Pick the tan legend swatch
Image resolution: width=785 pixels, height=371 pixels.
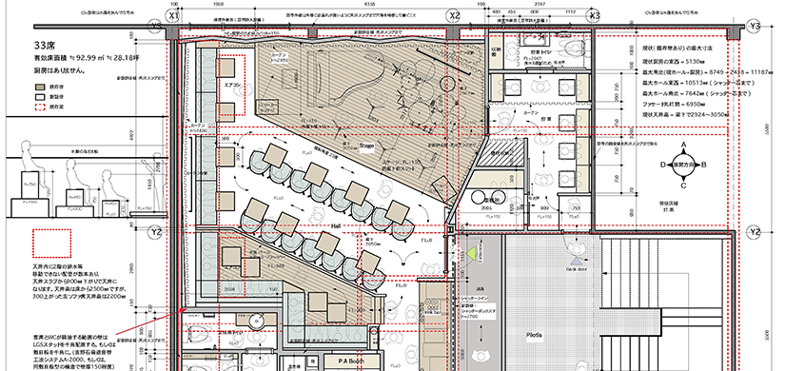[39, 85]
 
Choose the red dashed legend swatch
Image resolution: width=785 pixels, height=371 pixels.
[39, 108]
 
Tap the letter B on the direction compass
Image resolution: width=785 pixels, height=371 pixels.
[704, 165]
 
